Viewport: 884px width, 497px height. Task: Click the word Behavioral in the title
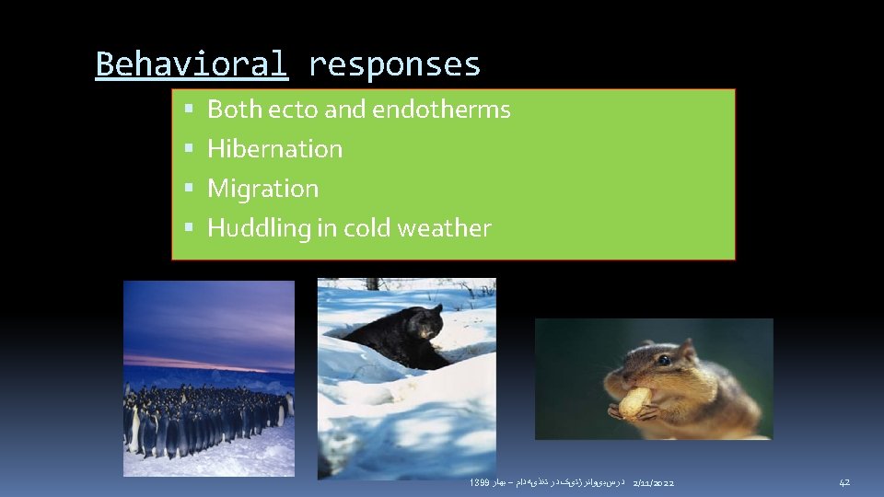192,64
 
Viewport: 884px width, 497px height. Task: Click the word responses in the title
394,64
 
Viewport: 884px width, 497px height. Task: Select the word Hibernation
274,149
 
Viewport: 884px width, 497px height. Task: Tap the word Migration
262,189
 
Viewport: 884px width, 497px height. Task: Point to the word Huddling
259,228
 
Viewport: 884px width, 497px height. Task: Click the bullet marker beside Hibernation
189,149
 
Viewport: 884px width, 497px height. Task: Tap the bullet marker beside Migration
189,189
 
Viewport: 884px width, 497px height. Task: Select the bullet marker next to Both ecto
189,110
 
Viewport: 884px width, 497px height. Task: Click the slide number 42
843,483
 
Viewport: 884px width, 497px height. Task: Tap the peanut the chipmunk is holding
634,402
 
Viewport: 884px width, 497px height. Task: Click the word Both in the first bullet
234,110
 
